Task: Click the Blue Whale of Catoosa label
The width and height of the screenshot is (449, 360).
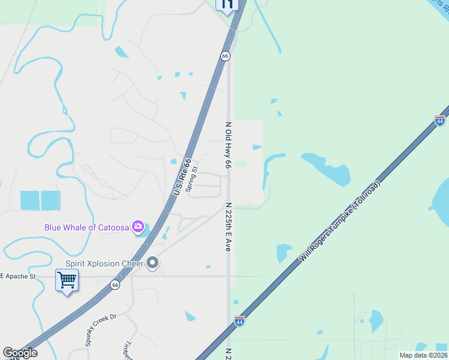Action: pyautogui.click(x=88, y=227)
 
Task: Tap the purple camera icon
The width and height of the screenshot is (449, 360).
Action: pyautogui.click(x=139, y=227)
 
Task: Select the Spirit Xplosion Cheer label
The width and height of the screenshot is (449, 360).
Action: pyautogui.click(x=104, y=263)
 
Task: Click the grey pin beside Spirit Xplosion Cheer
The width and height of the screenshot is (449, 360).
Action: pyautogui.click(x=152, y=263)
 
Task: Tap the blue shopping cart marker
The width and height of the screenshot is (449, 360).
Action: pyautogui.click(x=66, y=280)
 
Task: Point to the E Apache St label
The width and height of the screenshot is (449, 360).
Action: pyautogui.click(x=18, y=276)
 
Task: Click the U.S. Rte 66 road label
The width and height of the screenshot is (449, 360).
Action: pyautogui.click(x=182, y=176)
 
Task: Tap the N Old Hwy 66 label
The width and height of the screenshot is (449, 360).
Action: pyautogui.click(x=228, y=145)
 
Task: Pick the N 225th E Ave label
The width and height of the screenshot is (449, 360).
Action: pyautogui.click(x=228, y=226)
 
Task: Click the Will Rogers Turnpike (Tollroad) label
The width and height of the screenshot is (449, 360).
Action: pyautogui.click(x=340, y=221)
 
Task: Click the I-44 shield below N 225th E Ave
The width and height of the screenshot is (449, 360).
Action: pyautogui.click(x=240, y=321)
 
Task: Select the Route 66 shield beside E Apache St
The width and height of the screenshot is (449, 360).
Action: pyautogui.click(x=115, y=285)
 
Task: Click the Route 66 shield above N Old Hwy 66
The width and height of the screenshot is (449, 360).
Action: pyautogui.click(x=225, y=56)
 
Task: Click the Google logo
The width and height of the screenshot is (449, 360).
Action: pyautogui.click(x=20, y=353)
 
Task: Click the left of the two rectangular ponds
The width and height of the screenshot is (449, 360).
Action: pyautogui.click(x=30, y=200)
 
